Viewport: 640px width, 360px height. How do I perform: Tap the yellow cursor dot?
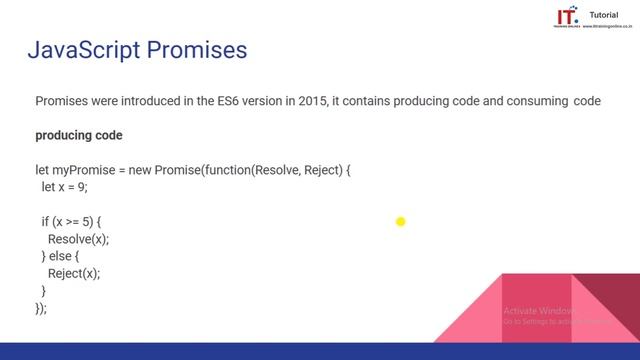click(x=400, y=222)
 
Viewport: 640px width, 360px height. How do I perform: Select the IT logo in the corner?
click(x=566, y=18)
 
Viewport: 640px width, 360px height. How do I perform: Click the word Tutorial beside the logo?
click(x=604, y=15)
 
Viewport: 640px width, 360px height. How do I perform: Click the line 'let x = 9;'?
click(x=65, y=188)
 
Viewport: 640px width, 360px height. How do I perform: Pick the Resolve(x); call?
click(x=78, y=239)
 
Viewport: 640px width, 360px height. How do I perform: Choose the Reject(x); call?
click(x=74, y=273)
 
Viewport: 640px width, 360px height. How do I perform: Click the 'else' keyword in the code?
click(x=64, y=256)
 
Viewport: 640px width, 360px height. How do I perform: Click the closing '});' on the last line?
click(x=41, y=308)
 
